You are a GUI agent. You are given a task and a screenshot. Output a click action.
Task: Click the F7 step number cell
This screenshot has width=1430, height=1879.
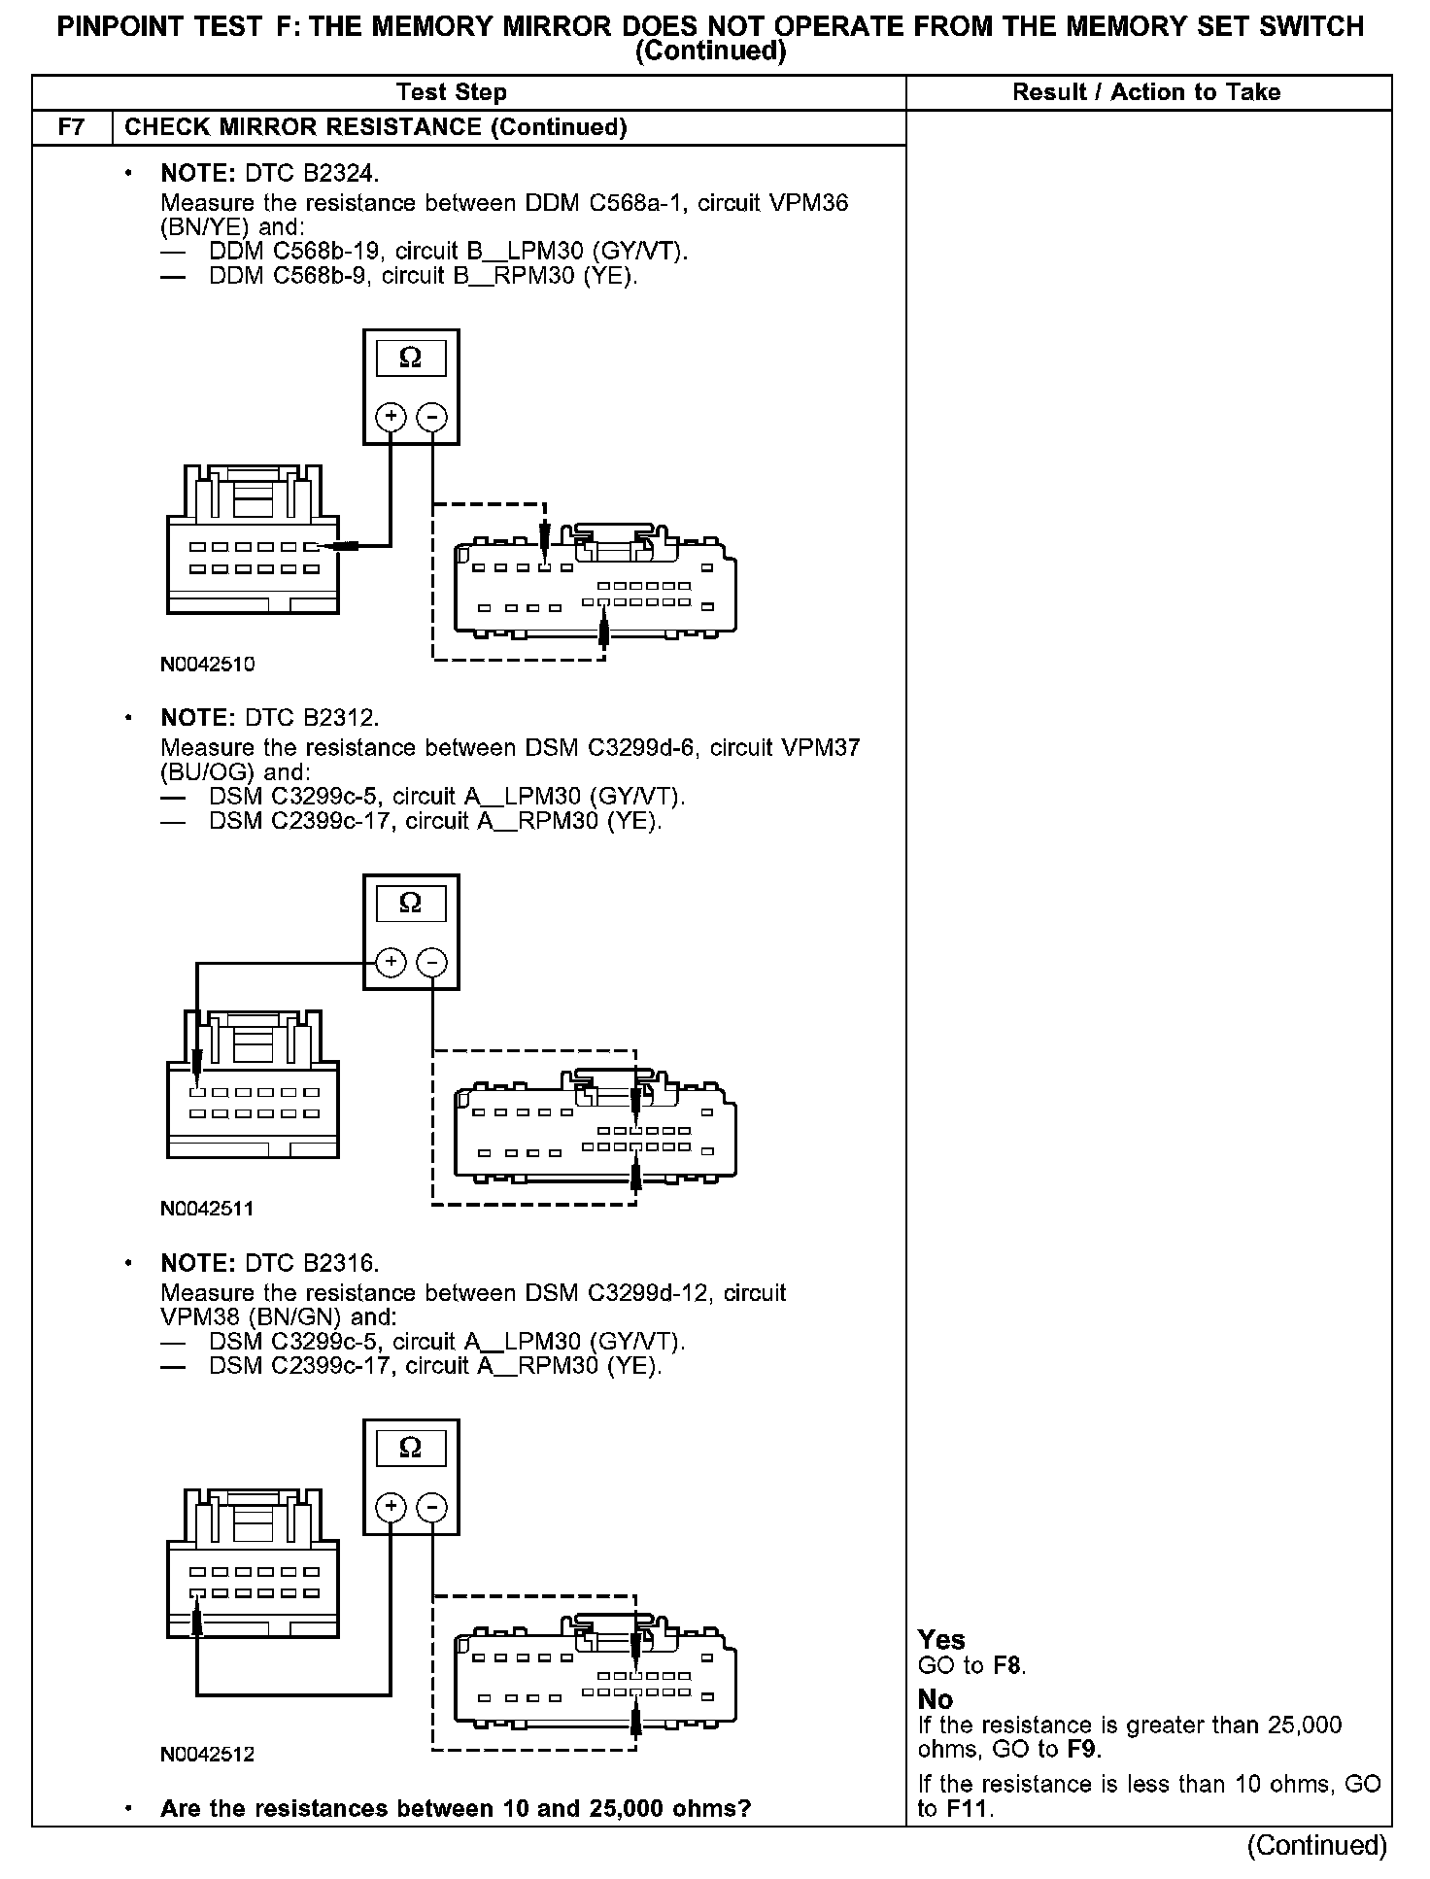click(72, 127)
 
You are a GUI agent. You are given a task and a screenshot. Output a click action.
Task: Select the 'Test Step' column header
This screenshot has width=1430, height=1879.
click(451, 92)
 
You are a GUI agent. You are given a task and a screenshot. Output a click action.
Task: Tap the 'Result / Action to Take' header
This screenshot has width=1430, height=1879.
click(1146, 92)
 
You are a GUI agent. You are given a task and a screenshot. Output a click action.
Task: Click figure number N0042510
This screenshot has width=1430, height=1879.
click(207, 665)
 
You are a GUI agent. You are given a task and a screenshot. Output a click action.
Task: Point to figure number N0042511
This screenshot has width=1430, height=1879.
click(207, 1209)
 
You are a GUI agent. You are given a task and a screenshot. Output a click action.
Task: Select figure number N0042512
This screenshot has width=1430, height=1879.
click(207, 1754)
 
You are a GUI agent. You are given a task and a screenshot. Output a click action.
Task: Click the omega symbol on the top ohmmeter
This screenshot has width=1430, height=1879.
click(410, 359)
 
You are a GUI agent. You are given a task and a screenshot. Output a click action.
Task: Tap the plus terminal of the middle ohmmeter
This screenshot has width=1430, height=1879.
click(391, 962)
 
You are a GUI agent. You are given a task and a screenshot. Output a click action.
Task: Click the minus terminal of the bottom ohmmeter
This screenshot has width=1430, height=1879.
click(431, 1507)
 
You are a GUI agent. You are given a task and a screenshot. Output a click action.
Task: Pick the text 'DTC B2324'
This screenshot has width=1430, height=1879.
click(311, 174)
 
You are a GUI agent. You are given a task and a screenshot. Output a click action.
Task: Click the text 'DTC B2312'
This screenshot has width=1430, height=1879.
click(311, 718)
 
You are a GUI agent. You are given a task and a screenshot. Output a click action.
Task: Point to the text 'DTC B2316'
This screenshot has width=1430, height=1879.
click(311, 1263)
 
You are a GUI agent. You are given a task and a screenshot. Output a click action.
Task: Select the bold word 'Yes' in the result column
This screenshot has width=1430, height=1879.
click(941, 1640)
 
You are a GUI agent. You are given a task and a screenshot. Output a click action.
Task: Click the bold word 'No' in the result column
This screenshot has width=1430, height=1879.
click(936, 1699)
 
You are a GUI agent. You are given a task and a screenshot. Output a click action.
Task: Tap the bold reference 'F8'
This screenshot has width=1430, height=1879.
click(1007, 1666)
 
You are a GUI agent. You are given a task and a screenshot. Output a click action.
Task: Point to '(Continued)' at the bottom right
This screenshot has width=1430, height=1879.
click(1316, 1845)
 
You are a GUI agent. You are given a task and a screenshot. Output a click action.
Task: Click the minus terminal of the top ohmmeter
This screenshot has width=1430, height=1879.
click(431, 418)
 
